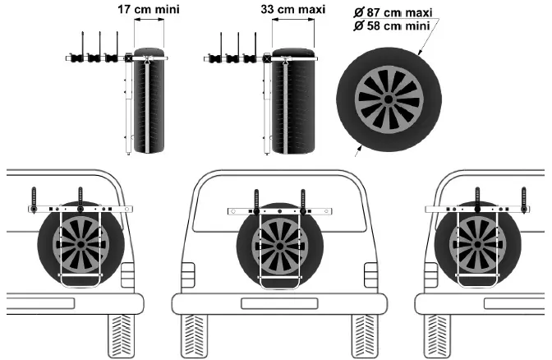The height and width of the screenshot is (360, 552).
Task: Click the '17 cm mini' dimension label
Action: [149, 9]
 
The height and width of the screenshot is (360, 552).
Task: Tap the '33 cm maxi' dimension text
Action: [293, 9]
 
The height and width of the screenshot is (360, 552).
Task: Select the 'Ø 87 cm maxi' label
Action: [393, 12]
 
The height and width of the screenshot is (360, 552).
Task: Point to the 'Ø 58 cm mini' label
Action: [392, 25]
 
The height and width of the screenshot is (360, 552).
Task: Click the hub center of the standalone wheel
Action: [389, 99]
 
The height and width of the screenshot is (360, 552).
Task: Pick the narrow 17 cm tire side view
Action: [149, 100]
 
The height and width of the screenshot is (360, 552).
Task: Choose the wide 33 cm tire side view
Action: [293, 101]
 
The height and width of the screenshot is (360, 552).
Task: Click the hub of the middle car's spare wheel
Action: [279, 247]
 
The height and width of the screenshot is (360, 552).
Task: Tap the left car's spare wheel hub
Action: [81, 244]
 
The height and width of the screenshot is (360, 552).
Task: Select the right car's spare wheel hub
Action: [478, 244]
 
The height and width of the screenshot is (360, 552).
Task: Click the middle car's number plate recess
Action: [279, 303]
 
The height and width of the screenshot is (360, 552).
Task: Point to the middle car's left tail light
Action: [187, 275]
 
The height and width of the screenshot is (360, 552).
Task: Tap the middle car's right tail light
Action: [371, 275]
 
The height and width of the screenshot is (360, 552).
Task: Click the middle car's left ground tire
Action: [194, 335]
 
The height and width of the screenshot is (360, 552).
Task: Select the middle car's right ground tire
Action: [365, 335]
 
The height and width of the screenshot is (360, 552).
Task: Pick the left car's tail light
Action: [127, 275]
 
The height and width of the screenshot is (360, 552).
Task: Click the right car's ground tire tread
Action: [437, 335]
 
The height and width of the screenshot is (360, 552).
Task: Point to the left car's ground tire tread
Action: [122, 335]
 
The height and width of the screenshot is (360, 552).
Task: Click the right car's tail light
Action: [431, 275]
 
